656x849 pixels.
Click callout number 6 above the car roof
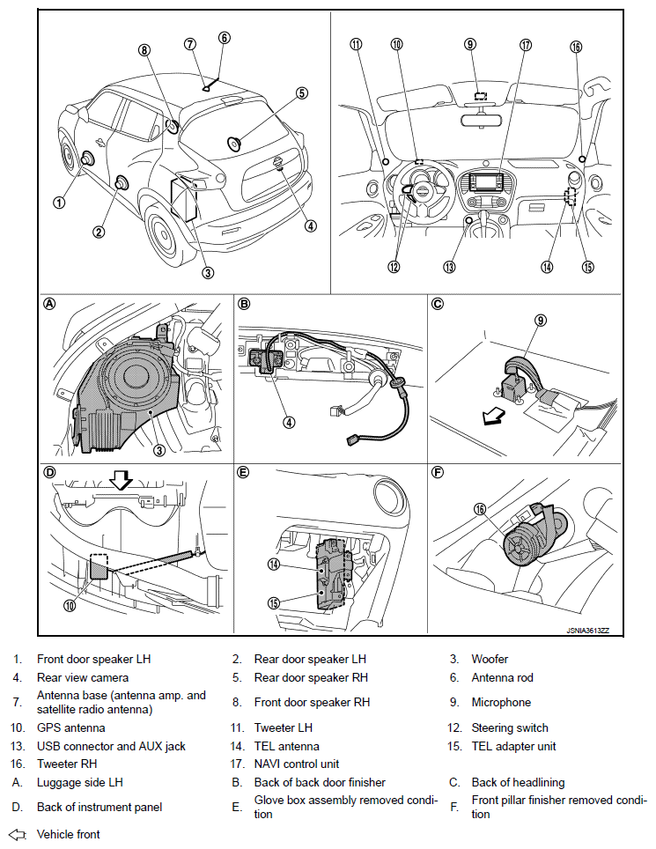pos(225,38)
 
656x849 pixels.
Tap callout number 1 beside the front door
pos(59,202)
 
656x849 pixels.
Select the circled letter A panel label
pos(50,304)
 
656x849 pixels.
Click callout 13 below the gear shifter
pos(450,267)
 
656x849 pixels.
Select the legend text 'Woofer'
pos(490,659)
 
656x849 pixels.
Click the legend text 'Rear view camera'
pos(83,678)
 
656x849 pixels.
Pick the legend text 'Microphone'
pos(501,703)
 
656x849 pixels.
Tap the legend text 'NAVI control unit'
pos(296,764)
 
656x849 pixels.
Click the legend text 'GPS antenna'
pos(70,728)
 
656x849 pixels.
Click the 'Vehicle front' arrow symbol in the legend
pos(18,834)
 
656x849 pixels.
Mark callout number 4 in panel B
pos(288,422)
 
